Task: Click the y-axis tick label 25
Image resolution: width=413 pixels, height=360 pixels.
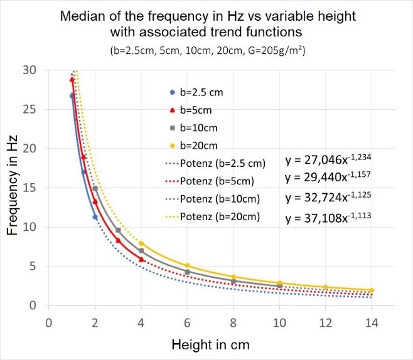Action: click(29, 109)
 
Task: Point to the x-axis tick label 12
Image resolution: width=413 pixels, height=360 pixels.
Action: click(326, 322)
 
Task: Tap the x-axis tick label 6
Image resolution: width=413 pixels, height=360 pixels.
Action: click(187, 322)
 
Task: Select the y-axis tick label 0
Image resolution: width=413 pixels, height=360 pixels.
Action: click(33, 305)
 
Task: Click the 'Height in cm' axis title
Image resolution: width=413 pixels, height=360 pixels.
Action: click(210, 345)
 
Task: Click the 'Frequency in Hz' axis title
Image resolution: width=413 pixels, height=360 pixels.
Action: click(12, 185)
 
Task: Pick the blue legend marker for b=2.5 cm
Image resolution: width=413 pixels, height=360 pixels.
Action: click(173, 92)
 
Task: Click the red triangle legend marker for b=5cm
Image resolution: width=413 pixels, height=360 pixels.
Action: click(173, 110)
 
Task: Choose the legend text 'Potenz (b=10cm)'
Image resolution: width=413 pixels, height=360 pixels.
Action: click(220, 199)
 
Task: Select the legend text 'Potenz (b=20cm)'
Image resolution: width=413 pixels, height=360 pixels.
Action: click(220, 217)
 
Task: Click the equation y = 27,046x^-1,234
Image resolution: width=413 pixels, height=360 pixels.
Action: click(328, 159)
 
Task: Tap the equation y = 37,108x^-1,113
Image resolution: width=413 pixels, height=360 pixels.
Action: click(328, 218)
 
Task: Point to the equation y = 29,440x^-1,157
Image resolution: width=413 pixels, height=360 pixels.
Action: click(328, 177)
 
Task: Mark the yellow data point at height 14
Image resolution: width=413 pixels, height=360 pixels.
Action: click(372, 290)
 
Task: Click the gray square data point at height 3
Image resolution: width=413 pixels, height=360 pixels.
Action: click(118, 230)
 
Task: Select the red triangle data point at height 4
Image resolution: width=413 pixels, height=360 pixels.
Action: click(141, 260)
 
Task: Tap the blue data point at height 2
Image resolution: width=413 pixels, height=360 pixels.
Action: click(95, 217)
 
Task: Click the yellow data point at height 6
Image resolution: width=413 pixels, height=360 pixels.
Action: click(187, 265)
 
